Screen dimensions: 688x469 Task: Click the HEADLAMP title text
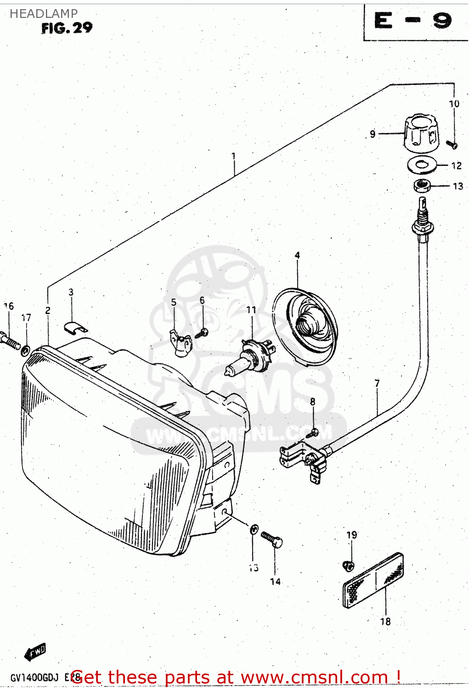pos(44,14)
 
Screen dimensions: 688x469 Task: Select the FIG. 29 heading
pos(67,28)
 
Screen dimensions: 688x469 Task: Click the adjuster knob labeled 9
pos(421,133)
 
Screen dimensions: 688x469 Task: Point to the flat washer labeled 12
pos(422,165)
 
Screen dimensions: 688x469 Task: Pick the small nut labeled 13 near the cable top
pos(422,186)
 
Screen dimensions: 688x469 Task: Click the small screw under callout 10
pos(452,145)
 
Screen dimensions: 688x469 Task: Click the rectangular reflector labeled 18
pos(373,580)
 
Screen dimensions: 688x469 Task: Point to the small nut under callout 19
pos(349,566)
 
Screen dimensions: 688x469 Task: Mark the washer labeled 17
pos(26,350)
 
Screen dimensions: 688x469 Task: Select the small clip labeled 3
pos(75,327)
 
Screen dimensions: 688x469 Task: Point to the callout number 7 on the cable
pos(377,383)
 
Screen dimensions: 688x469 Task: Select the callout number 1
pos(233,156)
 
